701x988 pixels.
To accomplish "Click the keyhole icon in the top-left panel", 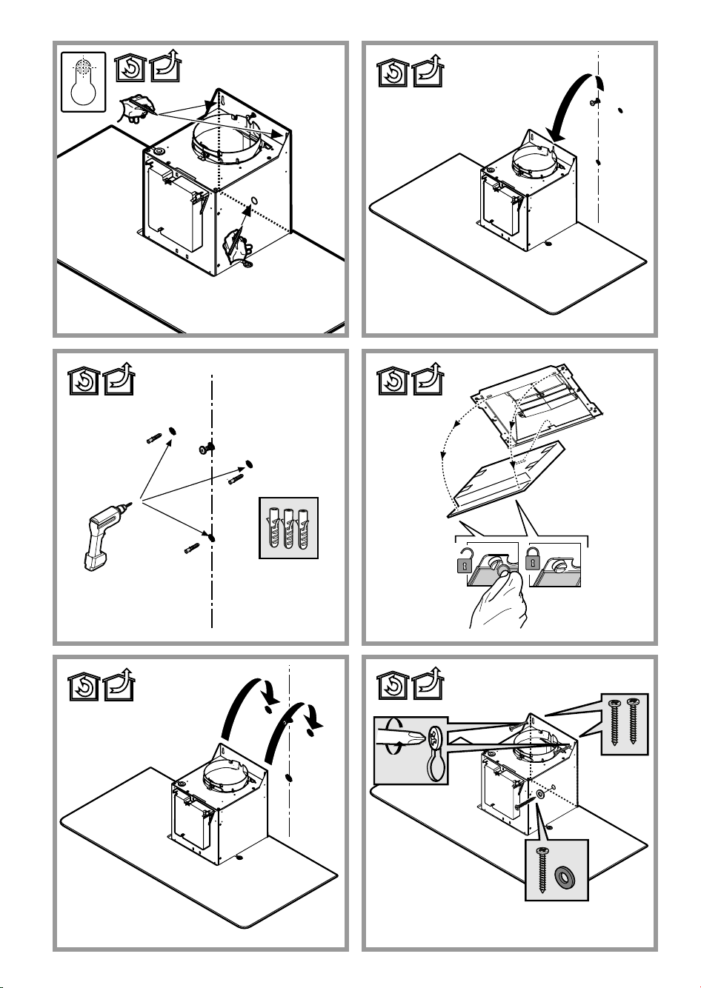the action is [83, 81].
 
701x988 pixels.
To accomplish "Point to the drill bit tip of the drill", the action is [134, 503].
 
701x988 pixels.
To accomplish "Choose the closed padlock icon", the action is [531, 561].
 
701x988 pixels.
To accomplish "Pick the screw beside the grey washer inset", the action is [543, 870].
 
